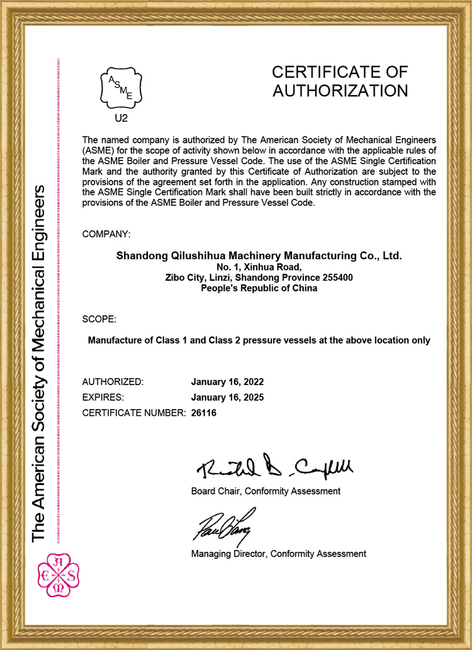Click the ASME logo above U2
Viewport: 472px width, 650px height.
[x=121, y=87]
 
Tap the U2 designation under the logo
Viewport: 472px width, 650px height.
[x=121, y=117]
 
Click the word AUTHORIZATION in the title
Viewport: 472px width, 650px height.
[x=340, y=91]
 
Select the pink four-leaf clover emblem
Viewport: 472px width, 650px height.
[x=58, y=574]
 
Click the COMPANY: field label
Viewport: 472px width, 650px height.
[x=106, y=234]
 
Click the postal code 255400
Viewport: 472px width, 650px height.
[x=337, y=277]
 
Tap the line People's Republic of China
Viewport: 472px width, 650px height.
[x=259, y=288]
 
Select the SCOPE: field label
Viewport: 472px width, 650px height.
[x=99, y=319]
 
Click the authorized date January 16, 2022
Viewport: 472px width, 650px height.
[x=227, y=382]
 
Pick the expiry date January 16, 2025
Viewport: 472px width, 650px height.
[x=227, y=397]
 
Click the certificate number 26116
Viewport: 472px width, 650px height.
[x=203, y=413]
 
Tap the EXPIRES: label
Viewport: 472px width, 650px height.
[x=103, y=397]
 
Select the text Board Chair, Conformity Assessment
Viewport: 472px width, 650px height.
[x=266, y=491]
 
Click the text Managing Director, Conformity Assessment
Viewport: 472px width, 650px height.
[x=278, y=554]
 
